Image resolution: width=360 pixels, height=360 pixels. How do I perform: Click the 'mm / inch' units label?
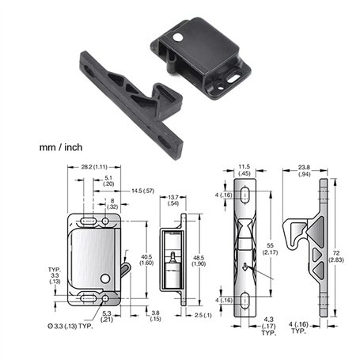click(61, 147)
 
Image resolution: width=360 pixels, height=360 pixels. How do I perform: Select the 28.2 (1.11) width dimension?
click(94, 167)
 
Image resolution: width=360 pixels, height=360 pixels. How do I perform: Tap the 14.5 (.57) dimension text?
click(142, 191)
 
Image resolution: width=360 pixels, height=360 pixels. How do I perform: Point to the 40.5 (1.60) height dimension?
click(146, 260)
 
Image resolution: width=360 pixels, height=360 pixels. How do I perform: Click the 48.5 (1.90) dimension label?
click(199, 261)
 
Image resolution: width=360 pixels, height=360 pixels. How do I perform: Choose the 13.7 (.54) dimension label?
click(173, 200)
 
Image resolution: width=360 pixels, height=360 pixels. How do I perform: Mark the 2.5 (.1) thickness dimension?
click(203, 315)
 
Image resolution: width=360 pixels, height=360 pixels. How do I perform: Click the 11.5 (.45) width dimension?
click(244, 170)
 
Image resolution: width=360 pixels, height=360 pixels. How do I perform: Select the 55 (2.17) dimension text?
click(270, 249)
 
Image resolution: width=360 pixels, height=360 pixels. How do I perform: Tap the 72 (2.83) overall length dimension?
click(336, 256)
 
